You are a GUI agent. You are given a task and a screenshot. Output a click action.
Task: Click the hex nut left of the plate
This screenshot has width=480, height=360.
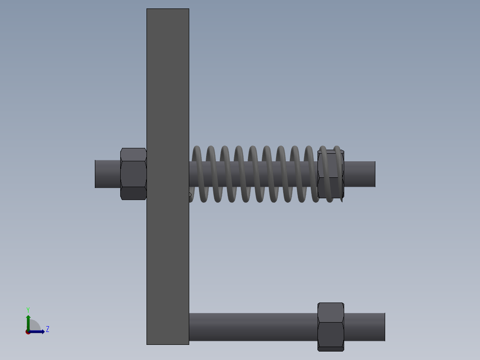[x=133, y=174]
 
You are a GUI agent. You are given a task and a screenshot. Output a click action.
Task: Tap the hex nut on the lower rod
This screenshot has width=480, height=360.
[x=330, y=327]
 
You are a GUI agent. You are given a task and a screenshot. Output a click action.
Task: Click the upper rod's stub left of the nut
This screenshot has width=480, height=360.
[x=107, y=174]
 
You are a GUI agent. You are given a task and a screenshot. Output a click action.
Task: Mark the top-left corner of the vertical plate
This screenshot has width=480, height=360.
[x=147, y=9]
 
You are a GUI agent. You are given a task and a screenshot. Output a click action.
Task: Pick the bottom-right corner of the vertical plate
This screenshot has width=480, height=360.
[x=188, y=344]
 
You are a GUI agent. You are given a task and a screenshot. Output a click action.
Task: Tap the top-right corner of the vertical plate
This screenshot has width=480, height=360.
[x=188, y=9]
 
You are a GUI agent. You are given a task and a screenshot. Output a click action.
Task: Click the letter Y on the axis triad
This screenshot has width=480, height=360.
[x=28, y=310]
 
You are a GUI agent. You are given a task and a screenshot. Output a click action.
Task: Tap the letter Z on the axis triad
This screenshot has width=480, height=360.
[x=48, y=329]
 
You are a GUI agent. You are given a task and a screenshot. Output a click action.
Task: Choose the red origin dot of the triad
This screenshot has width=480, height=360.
[x=28, y=332]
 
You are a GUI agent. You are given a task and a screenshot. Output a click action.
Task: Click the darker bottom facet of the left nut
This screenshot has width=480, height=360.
[x=133, y=193]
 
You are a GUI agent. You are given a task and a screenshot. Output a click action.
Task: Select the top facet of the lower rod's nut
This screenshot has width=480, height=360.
[x=330, y=312]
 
